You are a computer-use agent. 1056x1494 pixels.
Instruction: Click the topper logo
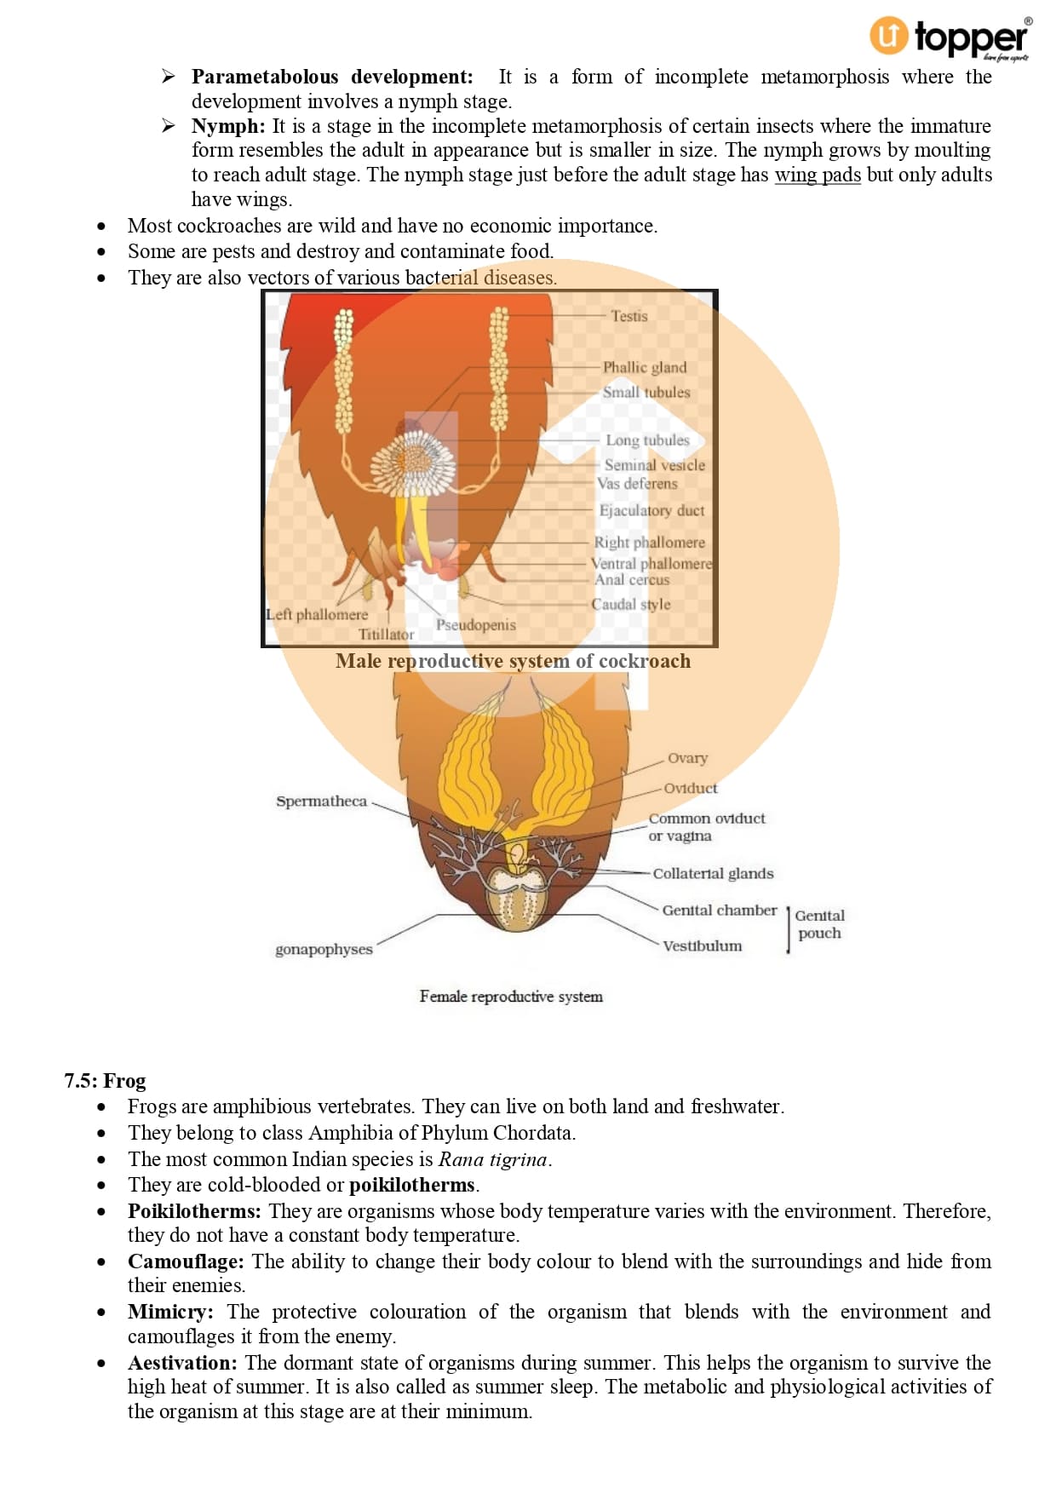coord(949,37)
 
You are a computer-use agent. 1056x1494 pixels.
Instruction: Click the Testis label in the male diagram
coord(628,316)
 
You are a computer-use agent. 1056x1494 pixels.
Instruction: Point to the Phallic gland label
coord(644,367)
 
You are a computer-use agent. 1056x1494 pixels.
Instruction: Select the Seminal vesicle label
coord(654,465)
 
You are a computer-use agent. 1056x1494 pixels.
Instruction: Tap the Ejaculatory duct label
coord(651,510)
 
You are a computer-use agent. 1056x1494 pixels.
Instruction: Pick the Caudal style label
coord(630,604)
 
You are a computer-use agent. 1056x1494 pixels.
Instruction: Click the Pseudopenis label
coord(475,624)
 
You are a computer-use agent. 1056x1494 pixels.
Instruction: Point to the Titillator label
coord(386,635)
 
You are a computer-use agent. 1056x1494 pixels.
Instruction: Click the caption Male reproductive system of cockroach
coord(513,661)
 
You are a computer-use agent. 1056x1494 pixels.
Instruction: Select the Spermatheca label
coord(321,801)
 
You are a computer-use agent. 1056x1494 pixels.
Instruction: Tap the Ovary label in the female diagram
coord(687,758)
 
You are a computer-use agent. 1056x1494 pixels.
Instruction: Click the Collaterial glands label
coord(713,873)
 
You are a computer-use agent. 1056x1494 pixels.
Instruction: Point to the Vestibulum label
coord(702,945)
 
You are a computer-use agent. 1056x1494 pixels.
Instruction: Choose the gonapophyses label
coord(324,949)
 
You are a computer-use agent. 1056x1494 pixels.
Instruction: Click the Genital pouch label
coord(819,924)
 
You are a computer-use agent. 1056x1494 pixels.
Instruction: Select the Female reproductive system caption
coord(511,996)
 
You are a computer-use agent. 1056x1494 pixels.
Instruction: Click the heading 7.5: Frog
coord(105,1081)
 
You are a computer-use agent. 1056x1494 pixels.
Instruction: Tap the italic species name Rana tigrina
coord(493,1159)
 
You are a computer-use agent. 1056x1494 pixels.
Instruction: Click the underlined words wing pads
coord(817,175)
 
